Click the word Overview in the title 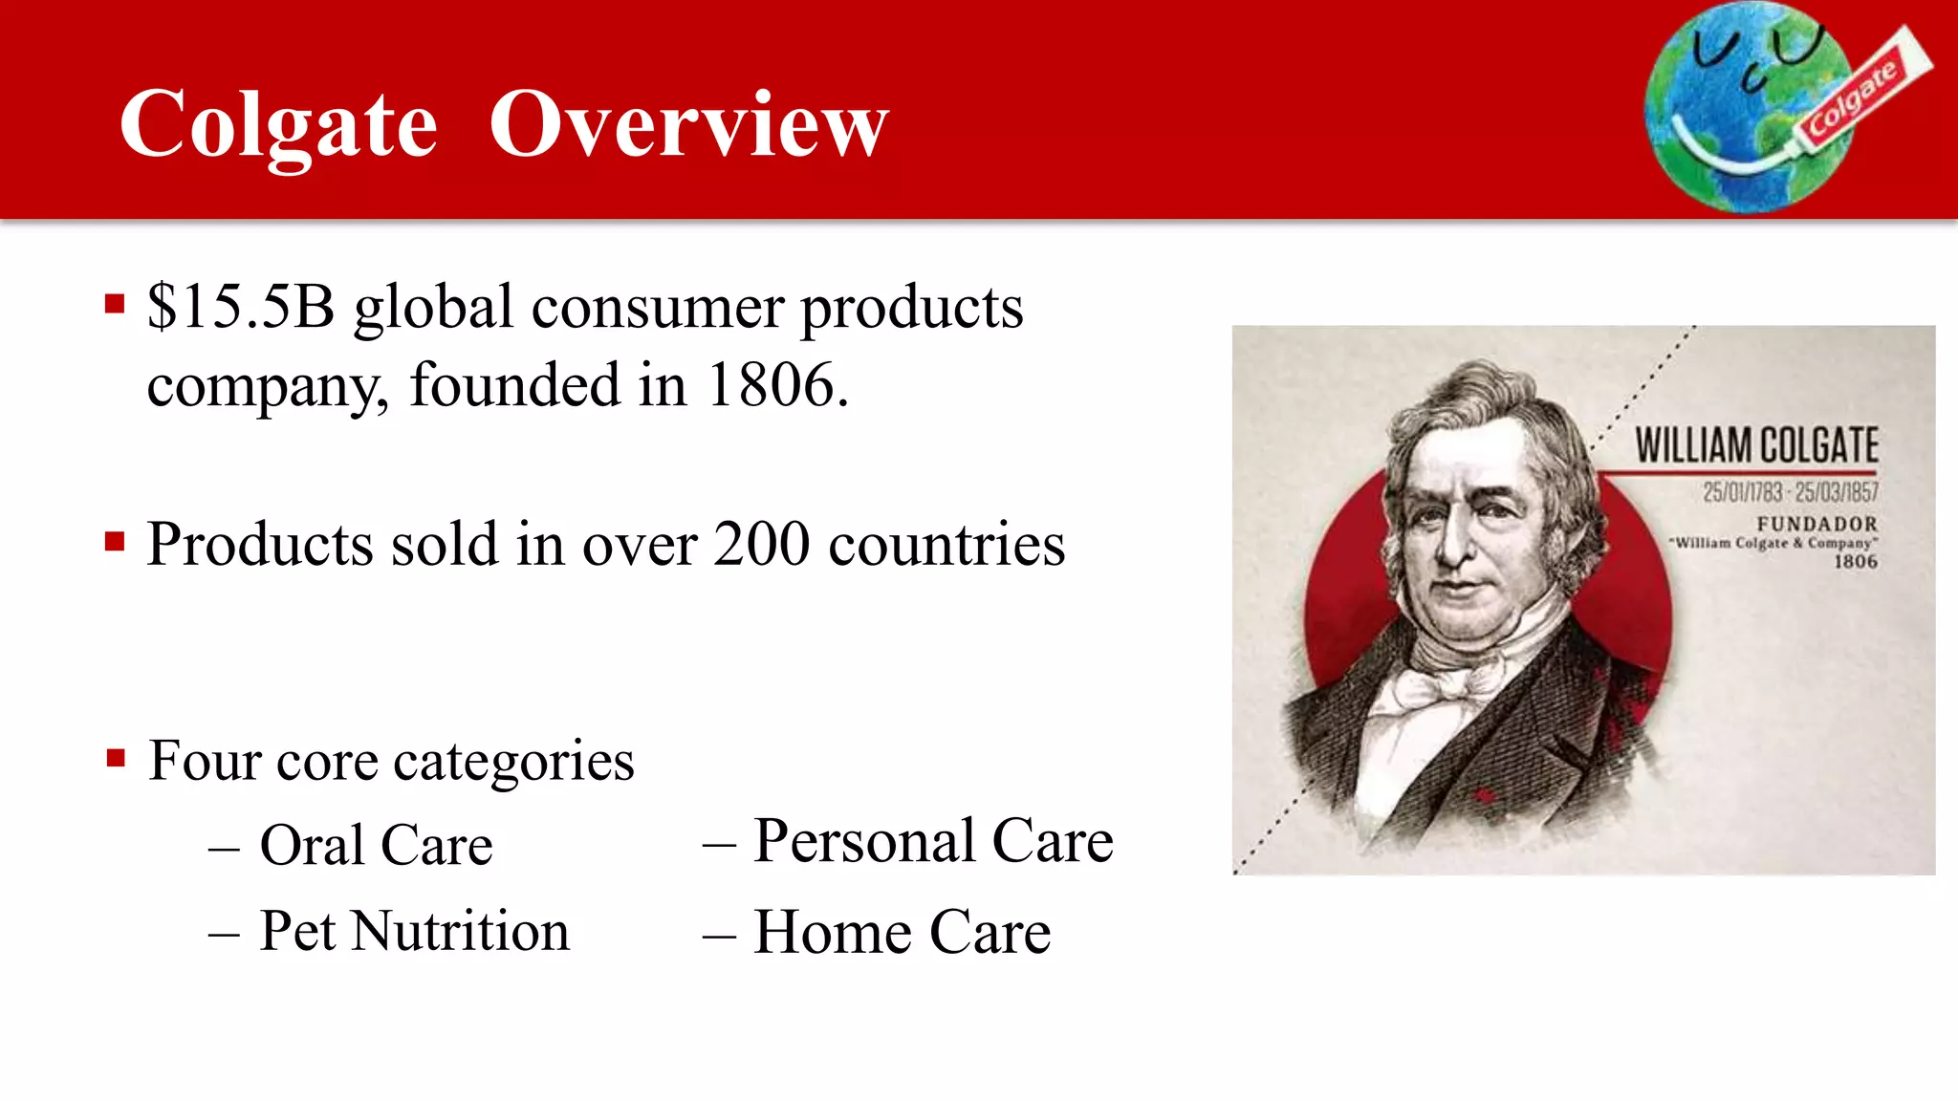(688, 124)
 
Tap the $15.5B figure (241, 308)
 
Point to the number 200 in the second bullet (761, 545)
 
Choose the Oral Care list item (376, 846)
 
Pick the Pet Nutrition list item (414, 931)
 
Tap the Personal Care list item (932, 842)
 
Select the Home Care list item (902, 933)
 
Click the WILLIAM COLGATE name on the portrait (1756, 445)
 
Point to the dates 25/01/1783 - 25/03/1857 (1790, 492)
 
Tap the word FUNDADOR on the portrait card (1817, 524)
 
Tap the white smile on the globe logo (1730, 158)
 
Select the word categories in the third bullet (513, 762)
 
